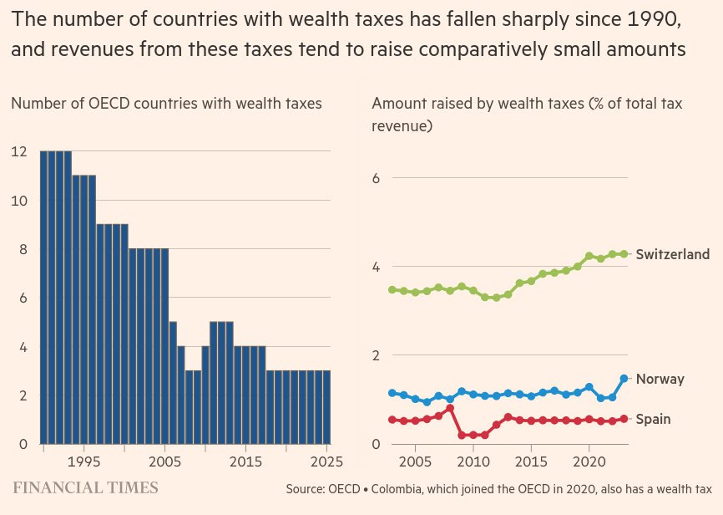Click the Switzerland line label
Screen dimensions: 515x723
coord(672,254)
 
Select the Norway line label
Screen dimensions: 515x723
coord(660,379)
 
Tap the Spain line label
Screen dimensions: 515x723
coord(654,419)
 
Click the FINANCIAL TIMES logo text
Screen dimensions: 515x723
coord(85,487)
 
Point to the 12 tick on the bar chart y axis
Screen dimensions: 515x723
coord(19,151)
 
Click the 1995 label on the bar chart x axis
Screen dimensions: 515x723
coord(83,461)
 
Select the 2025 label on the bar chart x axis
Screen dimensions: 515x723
coord(326,461)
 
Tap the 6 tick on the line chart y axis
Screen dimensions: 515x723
coord(377,178)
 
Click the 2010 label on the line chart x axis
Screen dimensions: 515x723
coord(473,461)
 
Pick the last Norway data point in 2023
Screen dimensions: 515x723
coord(624,379)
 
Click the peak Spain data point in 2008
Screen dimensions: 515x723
coord(450,408)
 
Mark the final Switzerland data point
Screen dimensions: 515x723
coord(624,254)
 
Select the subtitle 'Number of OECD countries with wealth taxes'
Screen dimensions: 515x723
coord(166,104)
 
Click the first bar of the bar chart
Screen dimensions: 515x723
coord(44,297)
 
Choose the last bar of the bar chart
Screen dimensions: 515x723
coord(326,406)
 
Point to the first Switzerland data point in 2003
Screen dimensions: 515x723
coord(392,290)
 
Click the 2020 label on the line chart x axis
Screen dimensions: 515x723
coord(589,461)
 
